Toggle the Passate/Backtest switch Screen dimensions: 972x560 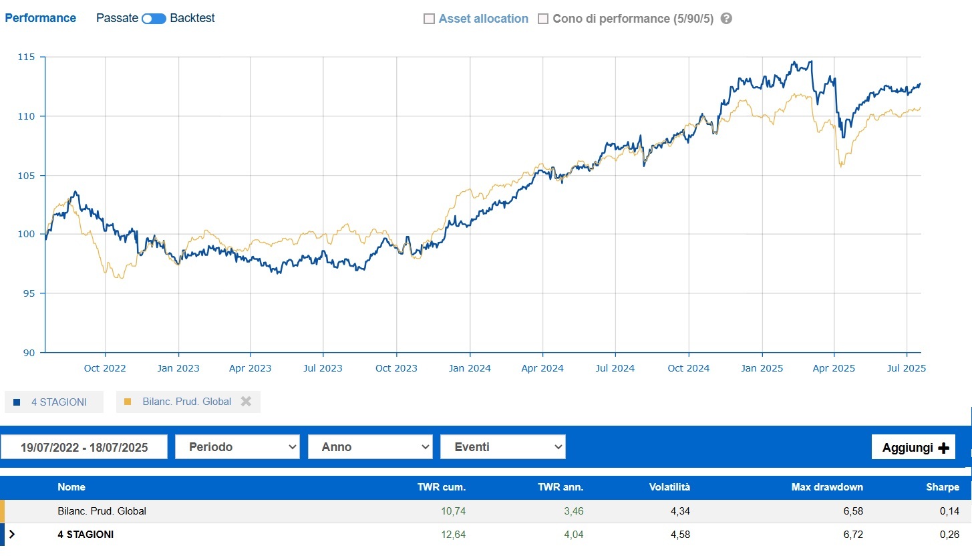coord(154,19)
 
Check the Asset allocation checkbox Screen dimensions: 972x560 coord(429,19)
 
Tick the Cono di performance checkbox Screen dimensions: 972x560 coord(543,19)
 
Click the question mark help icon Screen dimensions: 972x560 coord(726,19)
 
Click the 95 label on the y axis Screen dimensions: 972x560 coord(29,293)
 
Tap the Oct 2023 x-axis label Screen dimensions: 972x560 coord(396,368)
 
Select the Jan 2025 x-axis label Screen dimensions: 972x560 coord(762,368)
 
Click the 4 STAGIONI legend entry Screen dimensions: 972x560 coord(54,402)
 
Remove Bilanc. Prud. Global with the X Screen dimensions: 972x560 coord(246,402)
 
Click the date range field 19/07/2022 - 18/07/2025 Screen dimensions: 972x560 coord(84,447)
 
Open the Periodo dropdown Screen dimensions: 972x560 coord(237,447)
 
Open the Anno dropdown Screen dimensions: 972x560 coord(370,447)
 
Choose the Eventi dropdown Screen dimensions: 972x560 coord(503,447)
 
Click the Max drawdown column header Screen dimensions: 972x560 coord(827,487)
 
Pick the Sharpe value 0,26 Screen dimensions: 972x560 coord(949,535)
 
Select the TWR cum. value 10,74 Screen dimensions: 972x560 coord(454,511)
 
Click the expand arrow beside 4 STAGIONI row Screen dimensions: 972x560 coord(12,535)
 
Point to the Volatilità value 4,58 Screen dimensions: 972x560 coord(680,535)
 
